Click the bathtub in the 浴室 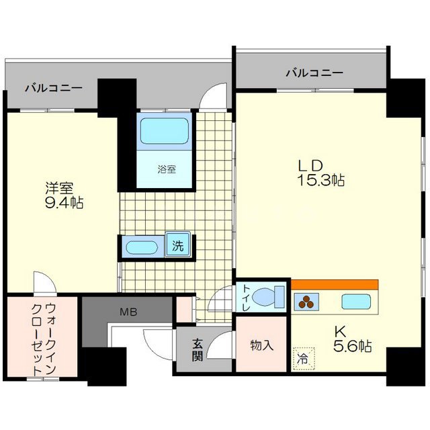[165, 131]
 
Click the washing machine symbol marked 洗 [178, 245]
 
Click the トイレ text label [246, 298]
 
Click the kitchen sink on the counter [356, 302]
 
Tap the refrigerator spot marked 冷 [302, 357]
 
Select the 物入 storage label [262, 345]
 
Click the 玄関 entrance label [198, 349]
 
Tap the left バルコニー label [54, 88]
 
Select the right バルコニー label [314, 73]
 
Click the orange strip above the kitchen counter [334, 284]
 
